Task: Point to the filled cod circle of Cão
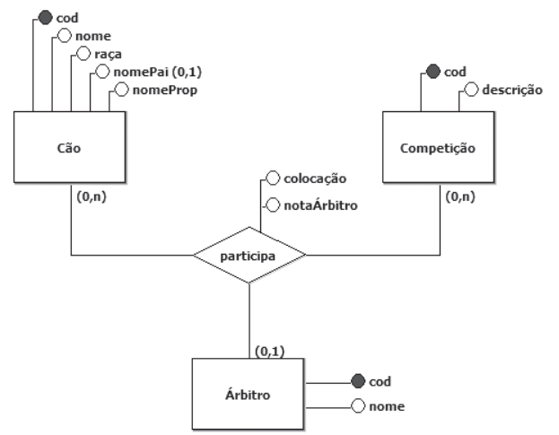[x=46, y=16]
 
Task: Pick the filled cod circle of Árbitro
[x=358, y=381]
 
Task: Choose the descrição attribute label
[x=511, y=90]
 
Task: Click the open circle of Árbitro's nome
[x=358, y=406]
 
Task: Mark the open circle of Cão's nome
[x=63, y=36]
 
